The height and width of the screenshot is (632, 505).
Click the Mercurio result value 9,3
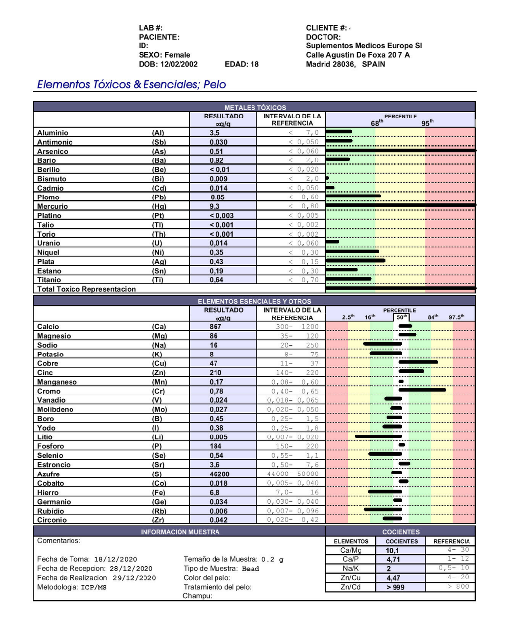click(215, 206)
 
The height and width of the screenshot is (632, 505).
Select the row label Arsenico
click(53, 151)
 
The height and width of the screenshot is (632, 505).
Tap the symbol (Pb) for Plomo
click(159, 197)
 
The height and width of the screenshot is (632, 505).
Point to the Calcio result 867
click(216, 326)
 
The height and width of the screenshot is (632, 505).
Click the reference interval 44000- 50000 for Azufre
click(292, 474)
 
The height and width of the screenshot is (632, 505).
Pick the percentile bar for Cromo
click(422, 390)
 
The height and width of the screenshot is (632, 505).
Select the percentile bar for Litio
click(378, 436)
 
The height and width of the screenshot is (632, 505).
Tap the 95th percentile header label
click(428, 123)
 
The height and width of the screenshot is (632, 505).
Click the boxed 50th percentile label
click(401, 317)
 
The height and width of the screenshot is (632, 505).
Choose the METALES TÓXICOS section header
click(255, 107)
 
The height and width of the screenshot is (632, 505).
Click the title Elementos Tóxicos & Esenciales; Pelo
click(132, 84)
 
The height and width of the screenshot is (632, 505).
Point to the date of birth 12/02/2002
click(179, 64)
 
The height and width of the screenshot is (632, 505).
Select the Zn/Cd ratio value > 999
click(396, 587)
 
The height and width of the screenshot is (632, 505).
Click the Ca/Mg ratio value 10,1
click(393, 550)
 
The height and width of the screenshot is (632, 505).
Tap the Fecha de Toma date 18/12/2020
click(115, 559)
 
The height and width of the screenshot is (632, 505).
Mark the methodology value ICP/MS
click(94, 587)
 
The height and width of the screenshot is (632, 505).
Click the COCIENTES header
click(401, 532)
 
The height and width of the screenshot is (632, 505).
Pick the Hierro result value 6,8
click(215, 492)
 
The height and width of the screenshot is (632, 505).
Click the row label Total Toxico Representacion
click(86, 289)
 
